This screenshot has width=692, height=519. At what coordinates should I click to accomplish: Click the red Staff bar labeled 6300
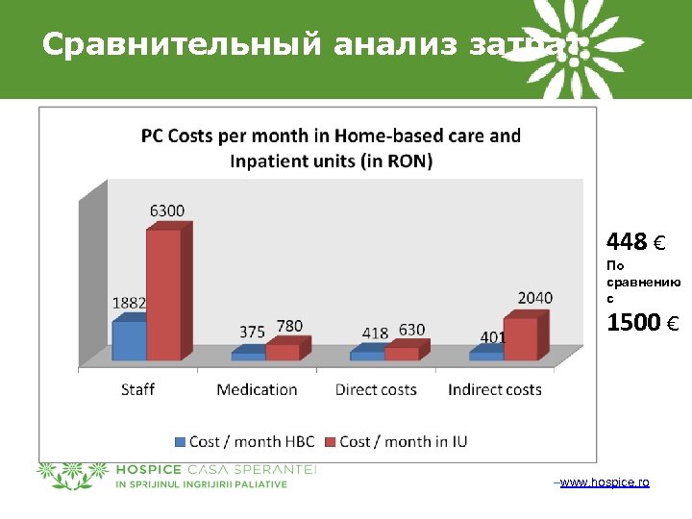pyautogui.click(x=163, y=293)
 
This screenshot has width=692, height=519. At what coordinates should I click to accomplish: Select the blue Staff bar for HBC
pyautogui.click(x=129, y=340)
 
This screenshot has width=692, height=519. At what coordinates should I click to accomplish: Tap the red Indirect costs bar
pyautogui.click(x=520, y=338)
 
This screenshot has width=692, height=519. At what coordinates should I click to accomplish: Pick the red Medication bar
pyautogui.click(x=283, y=351)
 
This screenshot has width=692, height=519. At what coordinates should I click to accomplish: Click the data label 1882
pyautogui.click(x=129, y=304)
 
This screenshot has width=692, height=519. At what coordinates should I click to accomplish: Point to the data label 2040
pyautogui.click(x=534, y=298)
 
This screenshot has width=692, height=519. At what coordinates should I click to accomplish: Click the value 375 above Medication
pyautogui.click(x=253, y=332)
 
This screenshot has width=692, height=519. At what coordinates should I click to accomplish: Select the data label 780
pyautogui.click(x=289, y=327)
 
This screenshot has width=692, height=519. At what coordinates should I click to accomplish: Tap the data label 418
pyautogui.click(x=375, y=333)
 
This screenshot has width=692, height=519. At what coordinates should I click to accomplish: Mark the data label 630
pyautogui.click(x=411, y=330)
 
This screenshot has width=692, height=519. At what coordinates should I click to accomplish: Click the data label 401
pyautogui.click(x=492, y=337)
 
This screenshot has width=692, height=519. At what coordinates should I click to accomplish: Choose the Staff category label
pyautogui.click(x=137, y=389)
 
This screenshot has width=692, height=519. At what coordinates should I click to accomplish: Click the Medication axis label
pyautogui.click(x=257, y=389)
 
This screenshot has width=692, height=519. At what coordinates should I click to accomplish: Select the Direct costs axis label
pyautogui.click(x=376, y=389)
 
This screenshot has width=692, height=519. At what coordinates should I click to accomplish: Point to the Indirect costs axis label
pyautogui.click(x=495, y=389)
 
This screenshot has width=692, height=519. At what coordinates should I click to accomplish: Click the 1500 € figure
pyautogui.click(x=642, y=323)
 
